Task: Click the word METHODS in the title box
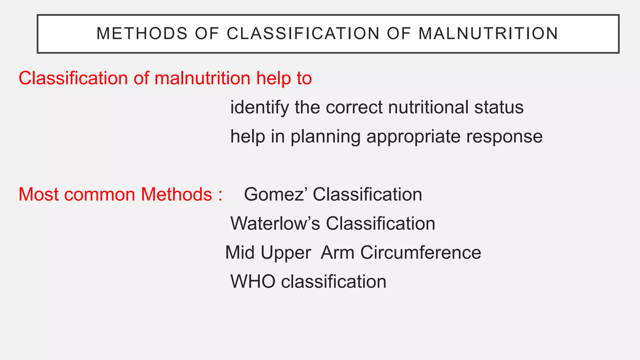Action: [x=142, y=34]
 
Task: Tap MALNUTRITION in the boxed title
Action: [x=488, y=34]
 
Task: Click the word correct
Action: [x=354, y=108]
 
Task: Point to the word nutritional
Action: [x=428, y=108]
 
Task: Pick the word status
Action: [x=499, y=108]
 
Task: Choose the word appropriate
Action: [x=413, y=137]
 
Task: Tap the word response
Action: [x=504, y=137]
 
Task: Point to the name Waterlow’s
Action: [x=275, y=223]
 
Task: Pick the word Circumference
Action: [x=421, y=252]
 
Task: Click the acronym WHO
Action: [x=253, y=282]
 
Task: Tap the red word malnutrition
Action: [x=202, y=78]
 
